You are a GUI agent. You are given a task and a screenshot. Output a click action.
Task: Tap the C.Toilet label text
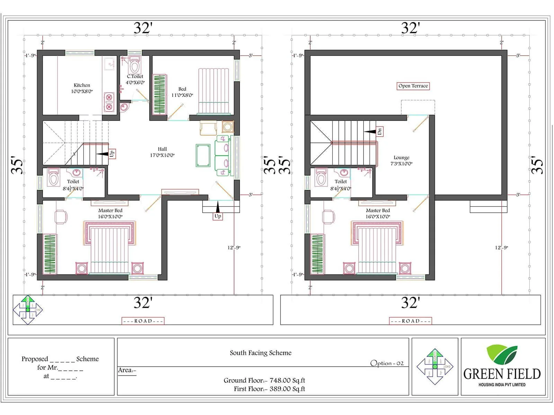(x=135, y=76)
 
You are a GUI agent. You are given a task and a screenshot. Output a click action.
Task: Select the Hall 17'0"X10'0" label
(x=162, y=152)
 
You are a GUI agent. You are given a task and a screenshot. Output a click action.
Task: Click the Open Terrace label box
(x=413, y=86)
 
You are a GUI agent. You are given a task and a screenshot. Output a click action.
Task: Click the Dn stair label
(x=379, y=131)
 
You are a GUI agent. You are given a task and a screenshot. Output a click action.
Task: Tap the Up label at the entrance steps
(x=218, y=216)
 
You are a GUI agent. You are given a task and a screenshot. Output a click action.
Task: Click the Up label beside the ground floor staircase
(x=112, y=154)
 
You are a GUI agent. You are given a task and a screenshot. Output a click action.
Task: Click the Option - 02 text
(x=387, y=363)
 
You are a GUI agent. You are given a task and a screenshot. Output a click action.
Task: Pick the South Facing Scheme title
(x=260, y=353)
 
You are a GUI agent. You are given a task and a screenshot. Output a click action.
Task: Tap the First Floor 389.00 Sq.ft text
(x=269, y=389)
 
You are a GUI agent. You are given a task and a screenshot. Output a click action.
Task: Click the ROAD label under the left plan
(x=143, y=321)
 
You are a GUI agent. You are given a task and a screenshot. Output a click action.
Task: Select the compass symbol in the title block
(x=435, y=367)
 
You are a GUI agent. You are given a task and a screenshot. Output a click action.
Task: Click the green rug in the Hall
(x=203, y=156)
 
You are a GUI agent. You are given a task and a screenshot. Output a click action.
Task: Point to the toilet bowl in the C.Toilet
(x=134, y=66)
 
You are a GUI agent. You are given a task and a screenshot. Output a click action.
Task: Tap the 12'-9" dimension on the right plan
(x=501, y=248)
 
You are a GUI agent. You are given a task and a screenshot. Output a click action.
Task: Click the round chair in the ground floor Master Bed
(x=61, y=217)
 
